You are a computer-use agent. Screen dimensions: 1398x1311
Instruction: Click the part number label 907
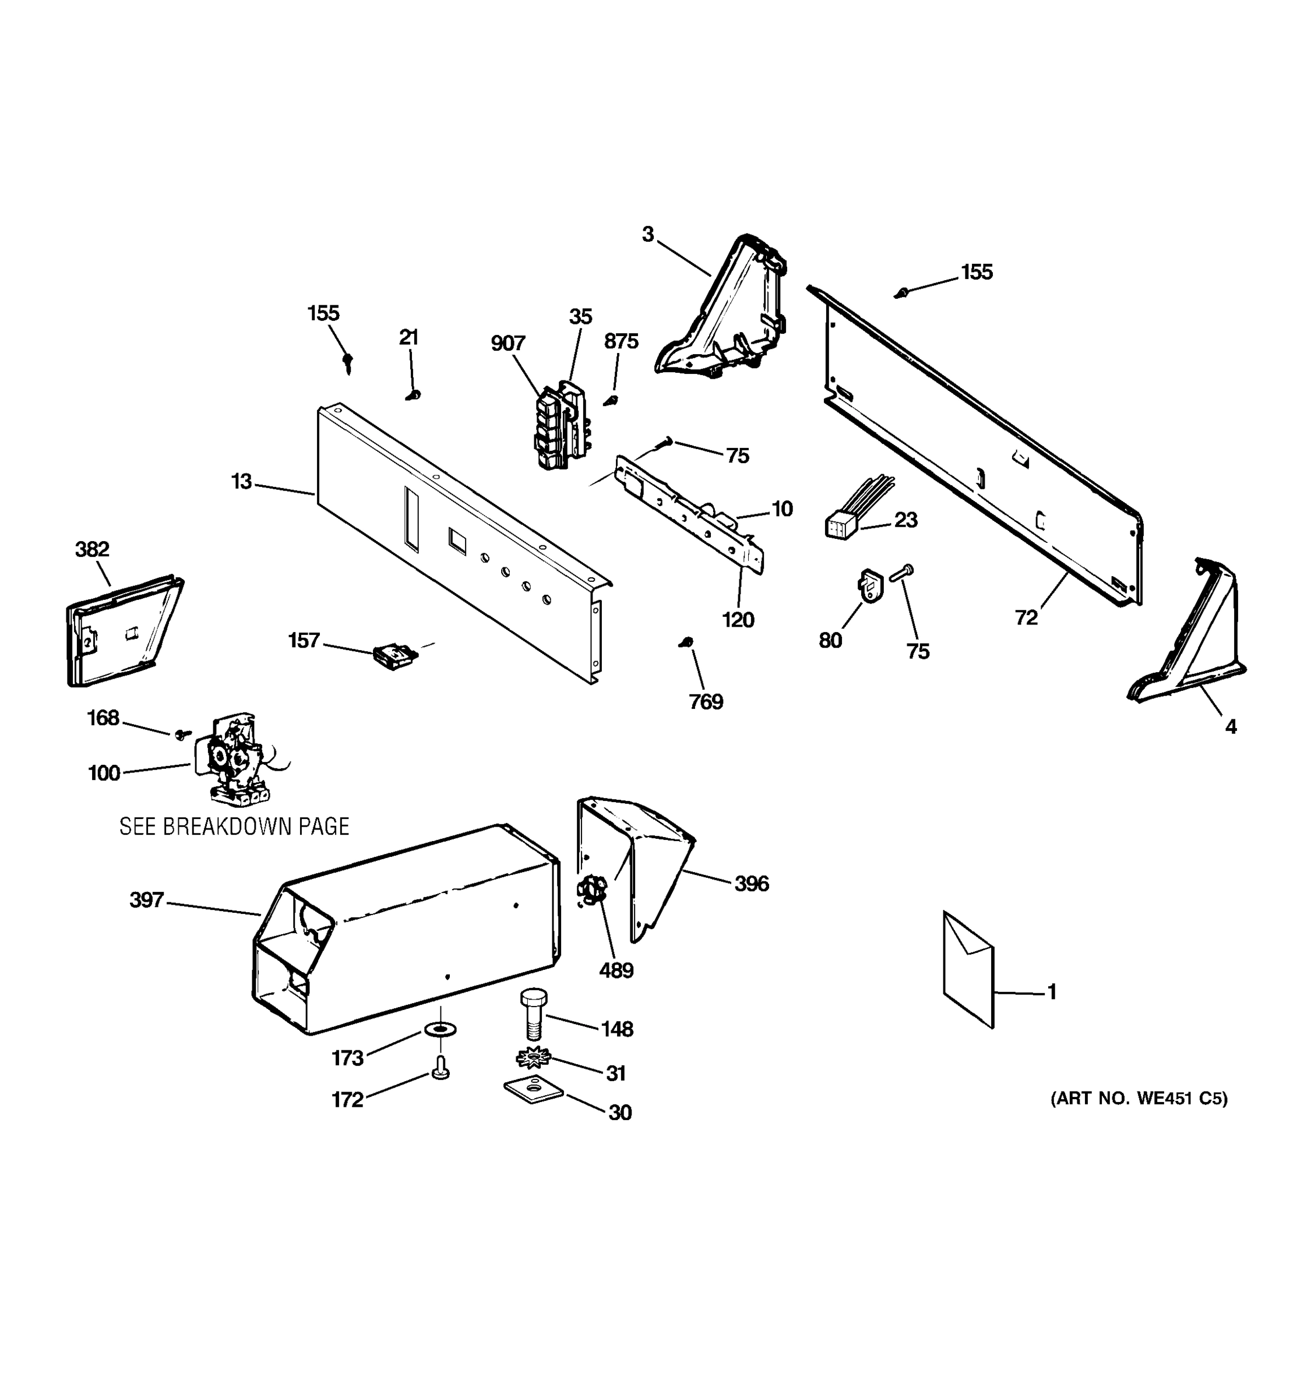pyautogui.click(x=508, y=343)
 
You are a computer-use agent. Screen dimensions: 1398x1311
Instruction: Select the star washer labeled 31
pyautogui.click(x=533, y=1057)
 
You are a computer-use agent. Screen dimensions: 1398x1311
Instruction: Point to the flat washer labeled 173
pyautogui.click(x=440, y=1029)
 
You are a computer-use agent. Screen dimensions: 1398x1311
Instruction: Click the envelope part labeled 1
pyautogui.click(x=968, y=969)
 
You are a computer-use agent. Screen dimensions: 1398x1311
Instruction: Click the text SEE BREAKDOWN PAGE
pyautogui.click(x=234, y=827)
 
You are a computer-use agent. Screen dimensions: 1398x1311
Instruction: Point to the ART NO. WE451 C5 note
pyautogui.click(x=1139, y=1099)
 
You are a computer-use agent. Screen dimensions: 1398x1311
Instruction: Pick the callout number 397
pyautogui.click(x=146, y=900)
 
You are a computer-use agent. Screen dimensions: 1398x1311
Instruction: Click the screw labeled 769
pyautogui.click(x=687, y=642)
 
